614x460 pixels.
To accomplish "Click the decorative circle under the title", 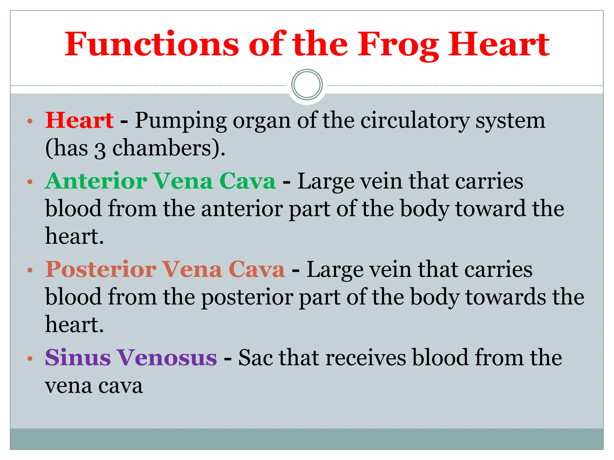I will (307, 85).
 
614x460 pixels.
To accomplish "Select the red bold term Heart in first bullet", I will (79, 120).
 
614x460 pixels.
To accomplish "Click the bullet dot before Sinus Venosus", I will (30, 358).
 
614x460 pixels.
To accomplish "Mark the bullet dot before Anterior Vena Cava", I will (30, 182).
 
